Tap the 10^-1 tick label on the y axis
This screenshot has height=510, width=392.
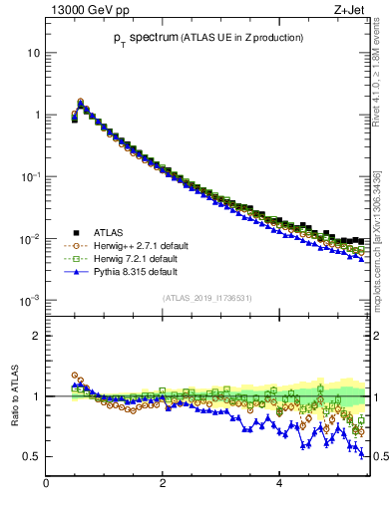coord(30,176)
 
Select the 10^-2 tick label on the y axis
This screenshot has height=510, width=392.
coord(30,238)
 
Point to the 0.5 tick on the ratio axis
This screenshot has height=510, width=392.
coord(32,456)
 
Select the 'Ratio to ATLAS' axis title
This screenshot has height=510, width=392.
coord(12,395)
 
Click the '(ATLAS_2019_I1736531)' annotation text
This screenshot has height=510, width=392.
coord(206,298)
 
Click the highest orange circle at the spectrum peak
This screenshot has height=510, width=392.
coord(80,101)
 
